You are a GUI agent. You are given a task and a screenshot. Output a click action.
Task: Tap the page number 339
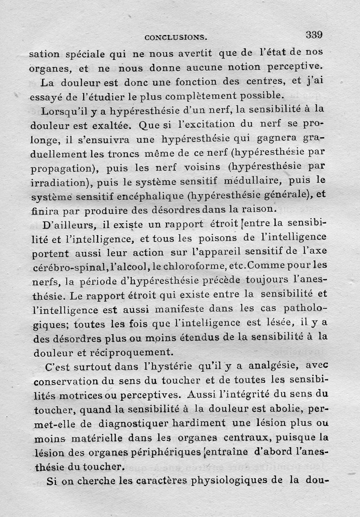click(x=314, y=34)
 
